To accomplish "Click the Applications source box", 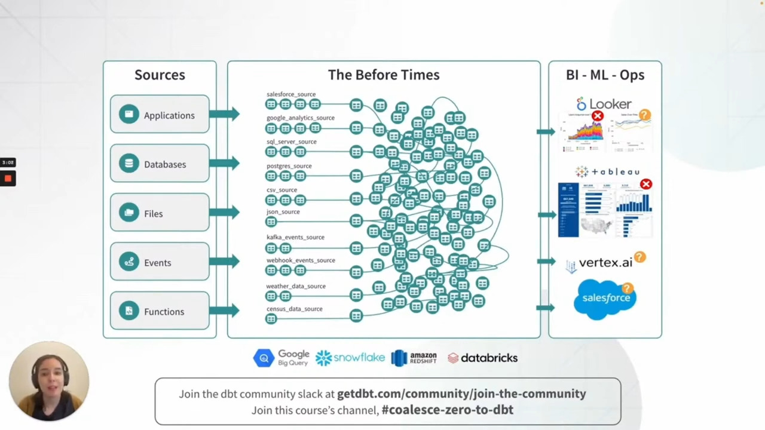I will tap(160, 115).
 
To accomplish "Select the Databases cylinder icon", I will tap(128, 164).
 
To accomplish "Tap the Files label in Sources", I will tap(153, 214).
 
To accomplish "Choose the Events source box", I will tap(160, 262).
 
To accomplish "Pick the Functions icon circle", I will tap(128, 311).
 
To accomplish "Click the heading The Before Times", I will tap(384, 75).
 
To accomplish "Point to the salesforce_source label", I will tap(290, 94).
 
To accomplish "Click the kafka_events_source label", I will tap(295, 237).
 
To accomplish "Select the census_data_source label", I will tap(294, 309).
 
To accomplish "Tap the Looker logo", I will tap(604, 105).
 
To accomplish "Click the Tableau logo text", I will tap(607, 172).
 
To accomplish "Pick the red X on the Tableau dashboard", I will tap(646, 185).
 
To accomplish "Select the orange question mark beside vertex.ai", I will tap(639, 257).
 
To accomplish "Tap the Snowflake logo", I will tap(350, 358).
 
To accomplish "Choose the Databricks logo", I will tap(482, 358).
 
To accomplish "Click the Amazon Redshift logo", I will tap(414, 358).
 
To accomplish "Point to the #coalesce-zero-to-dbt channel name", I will tap(447, 410).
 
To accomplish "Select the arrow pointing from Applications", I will tap(224, 114).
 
